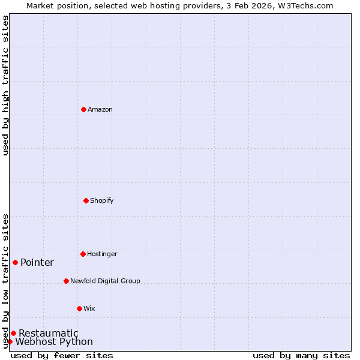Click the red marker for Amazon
click(83, 109)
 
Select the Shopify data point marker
click(86, 200)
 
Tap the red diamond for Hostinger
click(83, 254)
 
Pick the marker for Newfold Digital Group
click(66, 281)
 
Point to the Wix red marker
click(79, 308)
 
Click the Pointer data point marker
click(15, 262)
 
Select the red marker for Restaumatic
click(13, 333)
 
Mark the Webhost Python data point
click(10, 341)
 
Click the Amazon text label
click(100, 109)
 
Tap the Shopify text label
click(102, 200)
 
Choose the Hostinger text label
click(102, 254)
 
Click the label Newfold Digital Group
click(105, 281)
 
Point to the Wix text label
click(89, 308)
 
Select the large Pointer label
click(37, 262)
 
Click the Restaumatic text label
click(49, 333)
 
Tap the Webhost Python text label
click(54, 341)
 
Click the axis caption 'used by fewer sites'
click(62, 355)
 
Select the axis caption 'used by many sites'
click(301, 355)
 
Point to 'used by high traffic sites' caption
click(5, 85)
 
